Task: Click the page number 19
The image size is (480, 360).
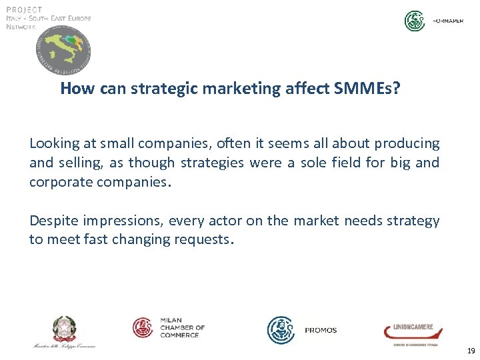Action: coord(471,351)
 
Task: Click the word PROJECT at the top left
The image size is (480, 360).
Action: coord(24,9)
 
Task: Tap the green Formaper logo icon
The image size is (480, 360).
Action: coord(415,21)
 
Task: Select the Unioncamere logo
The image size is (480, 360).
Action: coord(408,331)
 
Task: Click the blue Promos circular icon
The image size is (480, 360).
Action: coord(281,330)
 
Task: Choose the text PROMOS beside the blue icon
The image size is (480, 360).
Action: coord(321,331)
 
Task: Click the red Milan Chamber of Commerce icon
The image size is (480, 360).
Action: coord(143,327)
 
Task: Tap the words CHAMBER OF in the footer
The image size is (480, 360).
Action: coord(182,327)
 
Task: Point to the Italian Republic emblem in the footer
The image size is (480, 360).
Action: coord(65,328)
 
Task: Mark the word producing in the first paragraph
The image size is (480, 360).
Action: coord(407,144)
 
